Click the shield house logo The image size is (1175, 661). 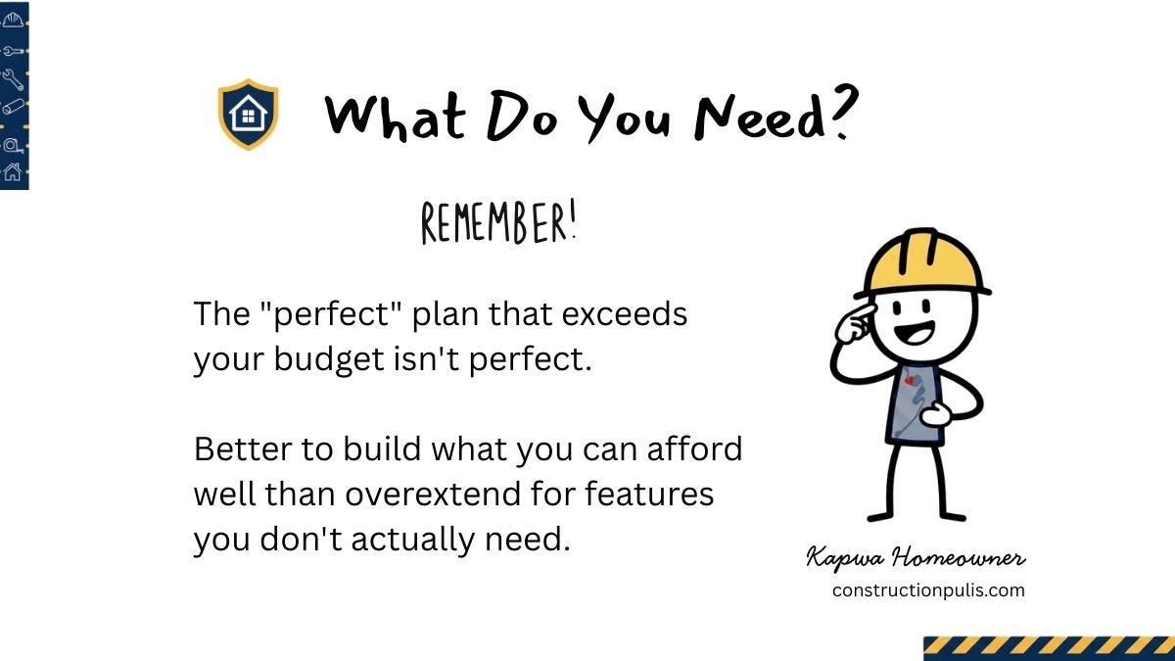pos(248,115)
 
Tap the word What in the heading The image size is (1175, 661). pos(396,117)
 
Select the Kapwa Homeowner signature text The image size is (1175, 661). pos(916,559)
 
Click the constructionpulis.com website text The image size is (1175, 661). pos(928,590)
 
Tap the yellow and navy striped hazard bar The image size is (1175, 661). pos(1049,648)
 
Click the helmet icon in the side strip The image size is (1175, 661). pos(13,19)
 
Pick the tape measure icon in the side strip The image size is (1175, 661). pos(13,144)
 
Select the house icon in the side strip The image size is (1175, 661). pos(13,173)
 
